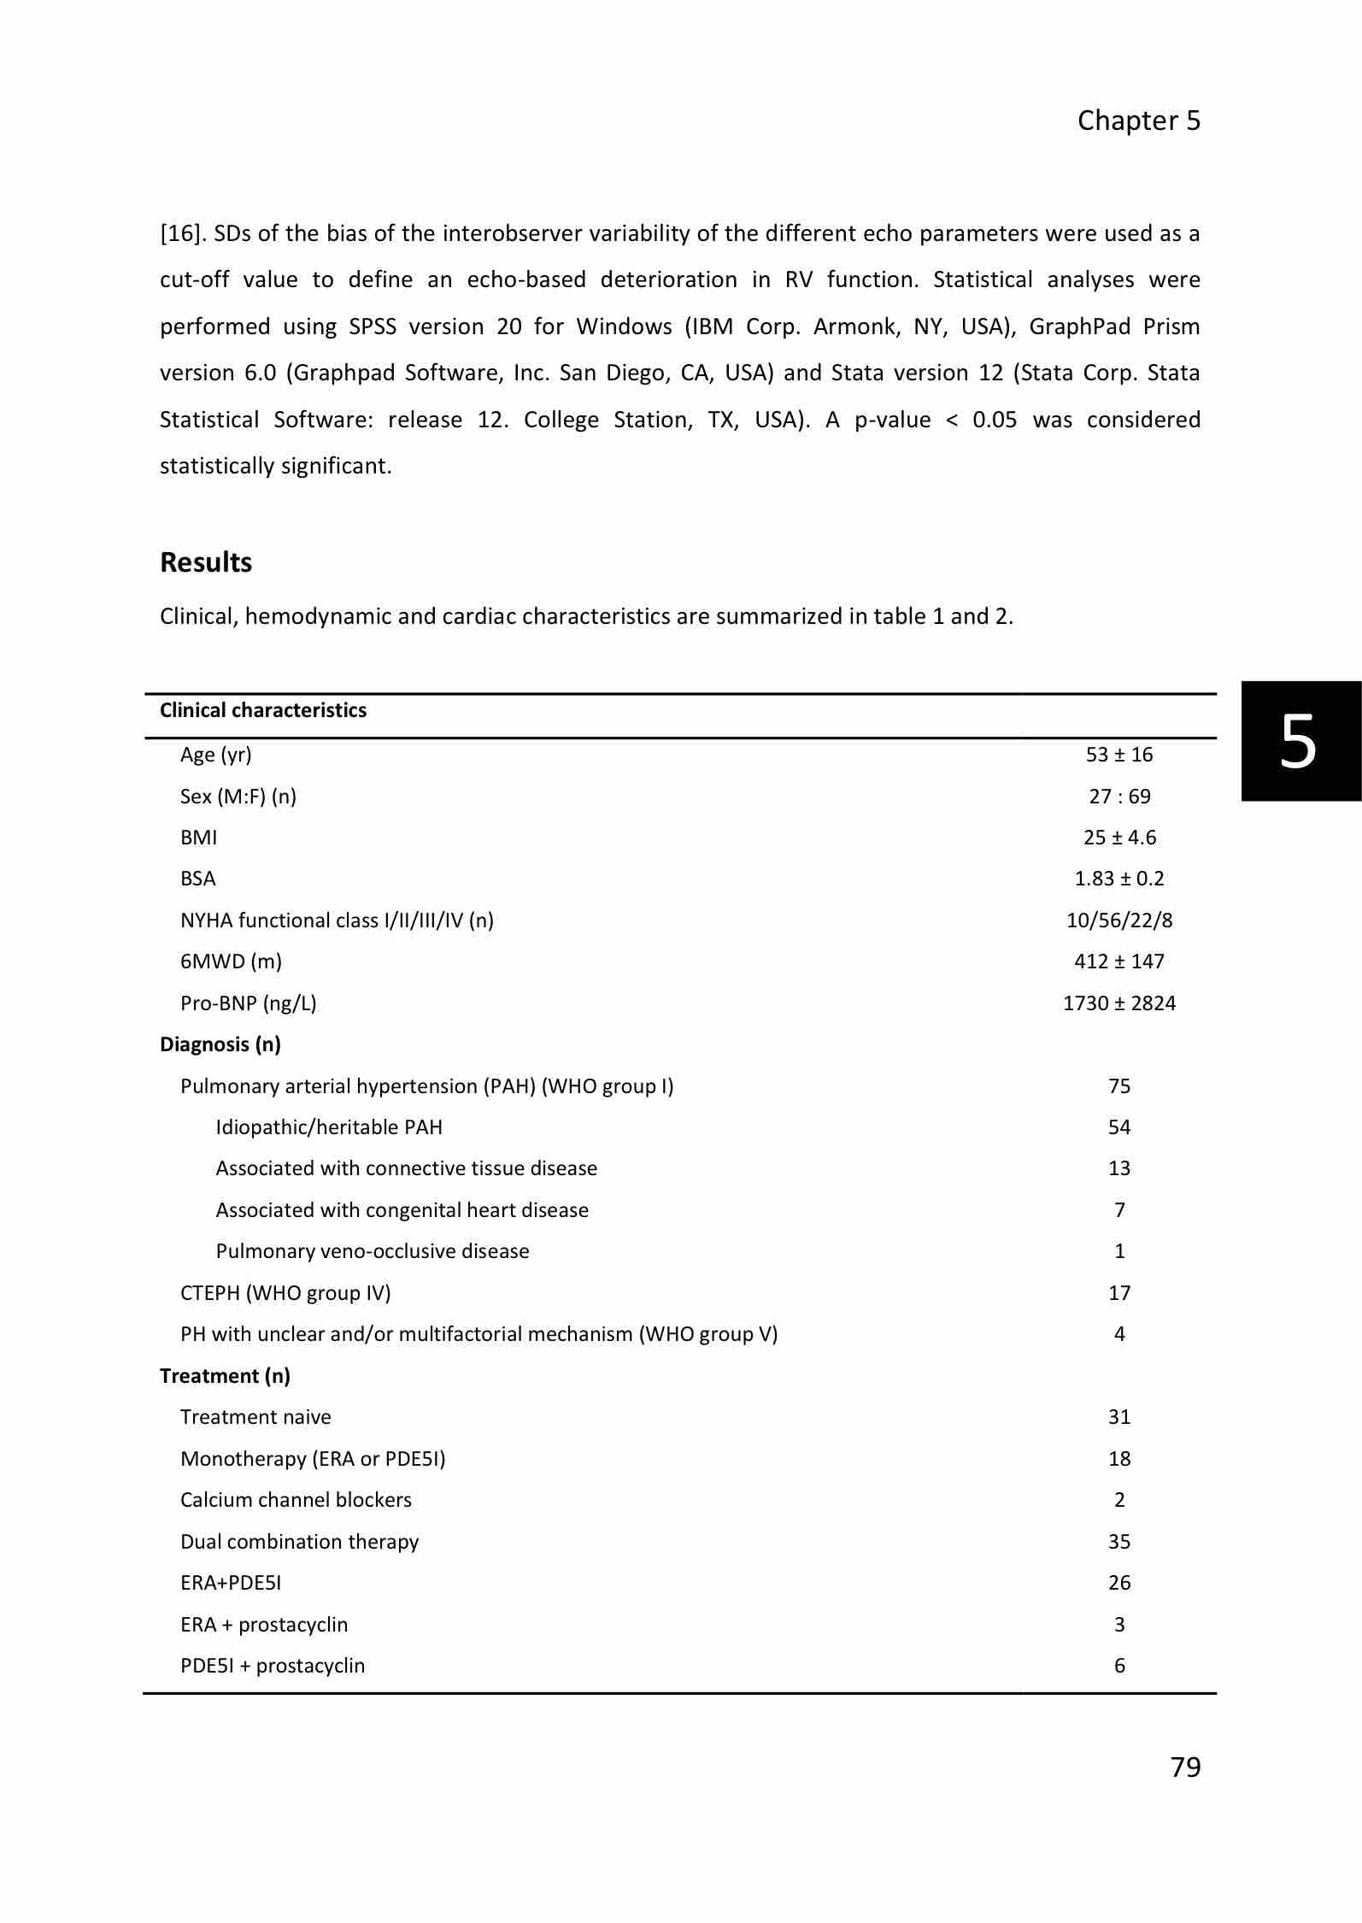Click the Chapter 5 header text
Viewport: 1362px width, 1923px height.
pyautogui.click(x=1138, y=121)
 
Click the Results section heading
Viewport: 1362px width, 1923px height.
pyautogui.click(x=206, y=562)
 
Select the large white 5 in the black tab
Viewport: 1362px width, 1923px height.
pyautogui.click(x=1298, y=742)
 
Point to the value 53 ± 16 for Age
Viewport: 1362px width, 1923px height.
pyautogui.click(x=1118, y=755)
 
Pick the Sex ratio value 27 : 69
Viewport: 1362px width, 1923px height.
pyautogui.click(x=1118, y=797)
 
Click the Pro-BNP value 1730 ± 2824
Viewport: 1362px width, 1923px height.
pyautogui.click(x=1118, y=1003)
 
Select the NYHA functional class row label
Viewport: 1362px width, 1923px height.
pyautogui.click(x=337, y=920)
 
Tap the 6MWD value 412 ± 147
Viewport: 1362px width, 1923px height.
pyautogui.click(x=1118, y=961)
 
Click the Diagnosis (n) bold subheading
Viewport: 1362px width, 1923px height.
pyautogui.click(x=220, y=1044)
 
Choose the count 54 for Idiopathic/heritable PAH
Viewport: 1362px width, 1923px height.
pyautogui.click(x=1118, y=1127)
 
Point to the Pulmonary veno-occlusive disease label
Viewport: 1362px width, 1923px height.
pyautogui.click(x=373, y=1251)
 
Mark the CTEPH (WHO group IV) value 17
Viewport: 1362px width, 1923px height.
pyautogui.click(x=1118, y=1293)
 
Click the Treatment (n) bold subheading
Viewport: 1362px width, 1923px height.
pyautogui.click(x=225, y=1376)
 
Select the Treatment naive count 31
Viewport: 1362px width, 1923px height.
pyautogui.click(x=1118, y=1417)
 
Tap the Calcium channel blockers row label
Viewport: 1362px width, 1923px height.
pyautogui.click(x=296, y=1500)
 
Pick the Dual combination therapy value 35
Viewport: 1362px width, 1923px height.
pyautogui.click(x=1118, y=1542)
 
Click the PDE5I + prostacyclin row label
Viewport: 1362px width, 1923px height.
pyautogui.click(x=273, y=1666)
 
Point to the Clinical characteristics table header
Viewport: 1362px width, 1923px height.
pyautogui.click(x=263, y=710)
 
